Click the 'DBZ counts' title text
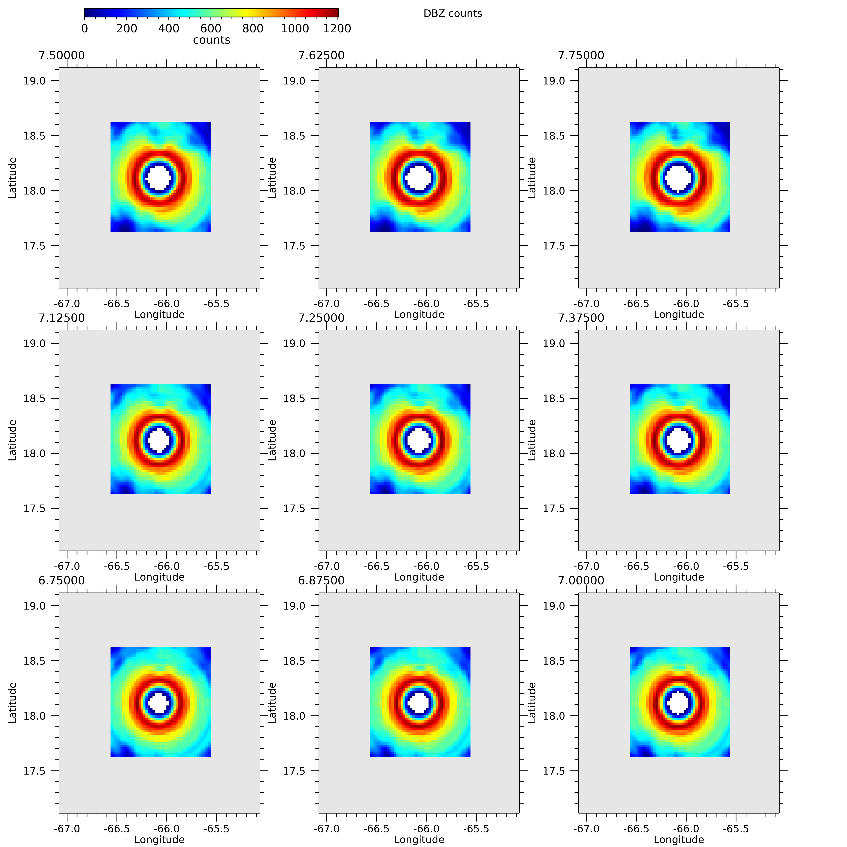[452, 14]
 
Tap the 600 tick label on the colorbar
[211, 28]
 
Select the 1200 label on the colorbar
[337, 28]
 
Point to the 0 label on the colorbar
[85, 28]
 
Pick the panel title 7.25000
[321, 318]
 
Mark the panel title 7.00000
[581, 580]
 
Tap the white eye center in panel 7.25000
[419, 440]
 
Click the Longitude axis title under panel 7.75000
[679, 315]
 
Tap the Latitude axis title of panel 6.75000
[12, 702]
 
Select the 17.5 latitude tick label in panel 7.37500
[554, 509]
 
